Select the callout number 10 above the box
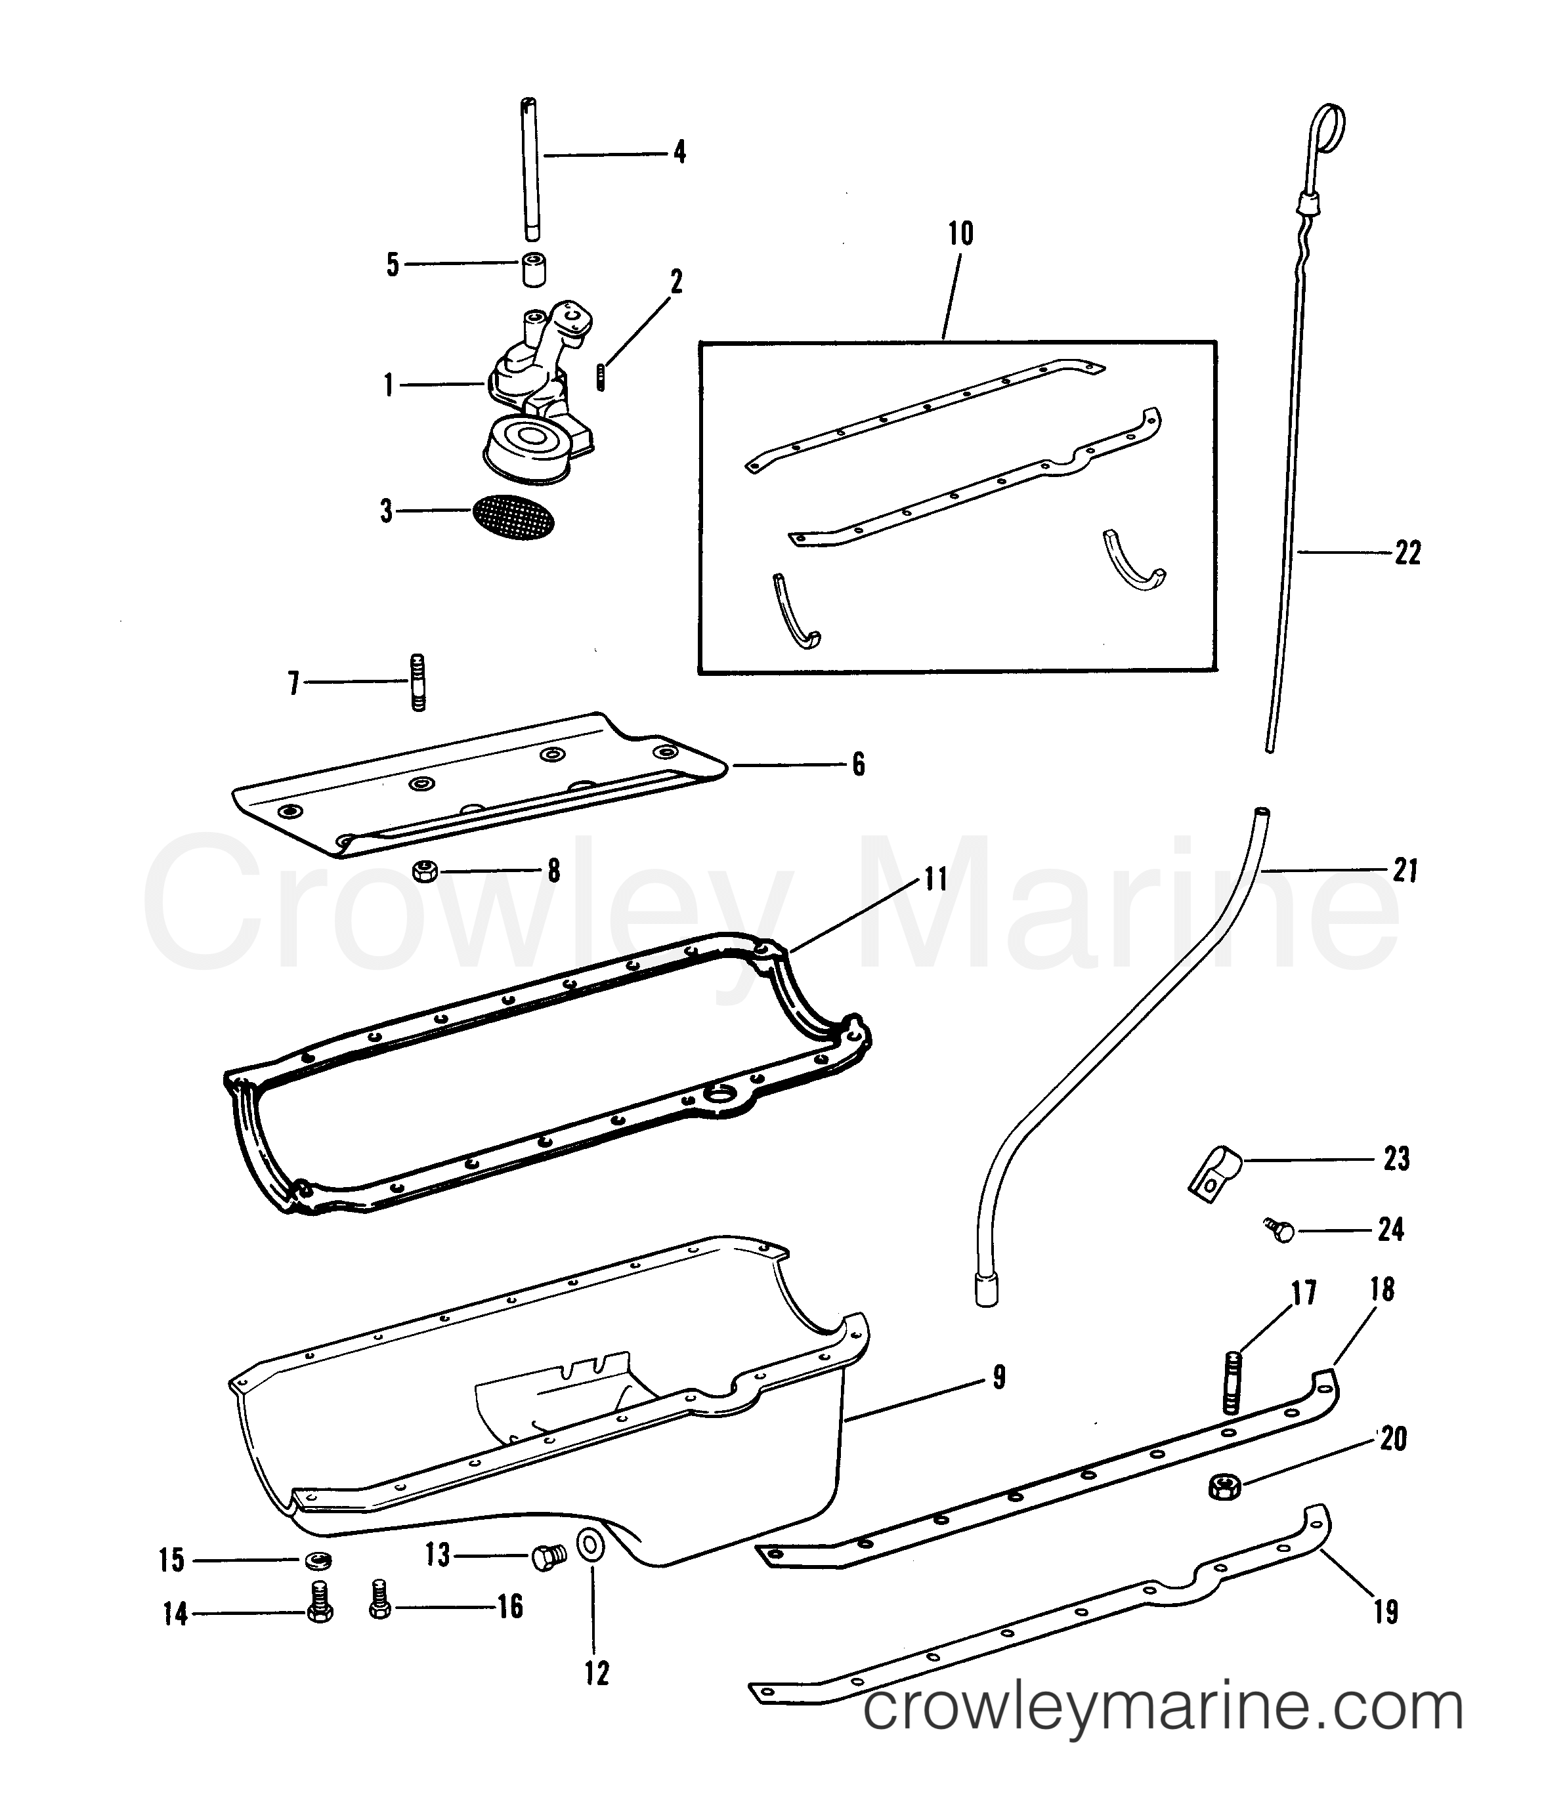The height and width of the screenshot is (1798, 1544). pyautogui.click(x=960, y=234)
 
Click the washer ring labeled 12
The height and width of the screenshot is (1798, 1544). pyautogui.click(x=593, y=1545)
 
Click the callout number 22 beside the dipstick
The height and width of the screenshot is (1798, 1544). pyautogui.click(x=1407, y=553)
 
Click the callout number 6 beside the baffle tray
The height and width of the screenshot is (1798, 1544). pyautogui.click(x=857, y=764)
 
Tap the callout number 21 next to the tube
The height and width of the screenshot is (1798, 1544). pyautogui.click(x=1404, y=870)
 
